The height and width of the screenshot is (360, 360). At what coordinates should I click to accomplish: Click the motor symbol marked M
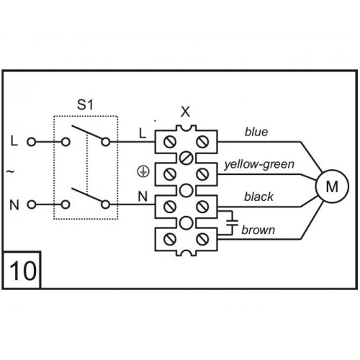pyautogui.click(x=332, y=186)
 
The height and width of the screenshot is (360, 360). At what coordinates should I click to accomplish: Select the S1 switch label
pyautogui.click(x=85, y=105)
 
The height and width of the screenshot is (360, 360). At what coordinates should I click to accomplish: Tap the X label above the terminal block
pyautogui.click(x=185, y=112)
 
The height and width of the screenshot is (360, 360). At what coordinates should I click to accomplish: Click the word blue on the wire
pyautogui.click(x=256, y=132)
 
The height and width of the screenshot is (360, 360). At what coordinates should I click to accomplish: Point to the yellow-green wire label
pyautogui.click(x=259, y=165)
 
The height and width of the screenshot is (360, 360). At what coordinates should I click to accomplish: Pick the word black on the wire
pyautogui.click(x=258, y=197)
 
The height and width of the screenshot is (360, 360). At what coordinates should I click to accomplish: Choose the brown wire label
pyautogui.click(x=258, y=230)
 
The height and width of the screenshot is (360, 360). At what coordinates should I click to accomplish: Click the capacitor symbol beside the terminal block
pyautogui.click(x=232, y=222)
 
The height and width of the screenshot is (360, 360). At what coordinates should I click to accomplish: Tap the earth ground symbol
pyautogui.click(x=143, y=172)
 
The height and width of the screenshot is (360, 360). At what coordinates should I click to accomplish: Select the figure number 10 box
pyautogui.click(x=22, y=270)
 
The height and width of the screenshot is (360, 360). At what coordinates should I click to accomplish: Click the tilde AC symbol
pyautogui.click(x=10, y=171)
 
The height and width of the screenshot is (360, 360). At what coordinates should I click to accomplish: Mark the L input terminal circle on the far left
pyautogui.click(x=32, y=142)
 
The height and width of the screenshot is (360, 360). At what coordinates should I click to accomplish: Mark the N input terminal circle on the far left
pyautogui.click(x=32, y=204)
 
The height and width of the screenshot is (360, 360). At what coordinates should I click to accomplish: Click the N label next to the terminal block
pyautogui.click(x=143, y=197)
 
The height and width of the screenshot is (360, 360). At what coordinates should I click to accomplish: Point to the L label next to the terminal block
pyautogui.click(x=143, y=133)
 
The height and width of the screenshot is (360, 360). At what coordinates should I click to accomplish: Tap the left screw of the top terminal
pyautogui.click(x=170, y=142)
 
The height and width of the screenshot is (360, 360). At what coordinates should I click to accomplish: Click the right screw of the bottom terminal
pyautogui.click(x=202, y=239)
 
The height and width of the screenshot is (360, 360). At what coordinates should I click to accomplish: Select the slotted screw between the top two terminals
pyautogui.click(x=186, y=158)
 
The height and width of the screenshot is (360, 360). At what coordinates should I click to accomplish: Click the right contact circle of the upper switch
pyautogui.click(x=106, y=142)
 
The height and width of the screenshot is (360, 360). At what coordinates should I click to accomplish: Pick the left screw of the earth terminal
pyautogui.click(x=170, y=174)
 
